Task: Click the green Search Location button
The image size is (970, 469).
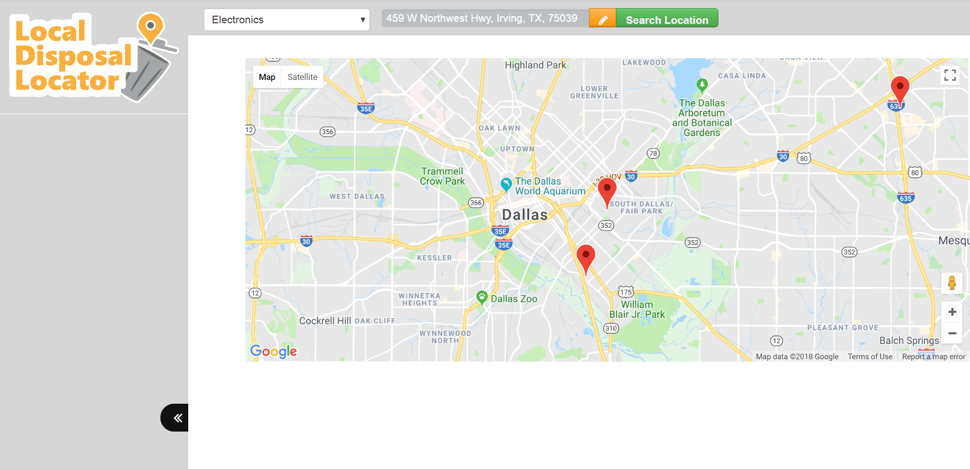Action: [666, 19]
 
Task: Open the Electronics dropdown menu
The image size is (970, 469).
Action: [286, 20]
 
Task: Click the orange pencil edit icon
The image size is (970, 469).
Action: [602, 19]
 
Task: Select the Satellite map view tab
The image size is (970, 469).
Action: [302, 77]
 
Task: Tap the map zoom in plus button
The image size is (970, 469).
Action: [952, 312]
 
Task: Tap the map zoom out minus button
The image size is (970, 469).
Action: [952, 333]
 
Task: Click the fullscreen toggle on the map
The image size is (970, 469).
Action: [950, 75]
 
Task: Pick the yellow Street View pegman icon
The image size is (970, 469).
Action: [951, 283]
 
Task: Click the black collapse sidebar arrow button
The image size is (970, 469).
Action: [175, 417]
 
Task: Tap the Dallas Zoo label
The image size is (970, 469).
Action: [514, 299]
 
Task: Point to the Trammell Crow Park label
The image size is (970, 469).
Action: [442, 176]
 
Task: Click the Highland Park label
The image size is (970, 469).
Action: [535, 65]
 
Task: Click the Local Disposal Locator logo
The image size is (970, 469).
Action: [91, 56]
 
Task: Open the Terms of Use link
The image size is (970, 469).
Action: [870, 357]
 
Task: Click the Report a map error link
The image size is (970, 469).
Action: [933, 357]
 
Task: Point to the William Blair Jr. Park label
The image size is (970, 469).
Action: [637, 309]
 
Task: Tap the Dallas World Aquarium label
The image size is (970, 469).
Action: [550, 186]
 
